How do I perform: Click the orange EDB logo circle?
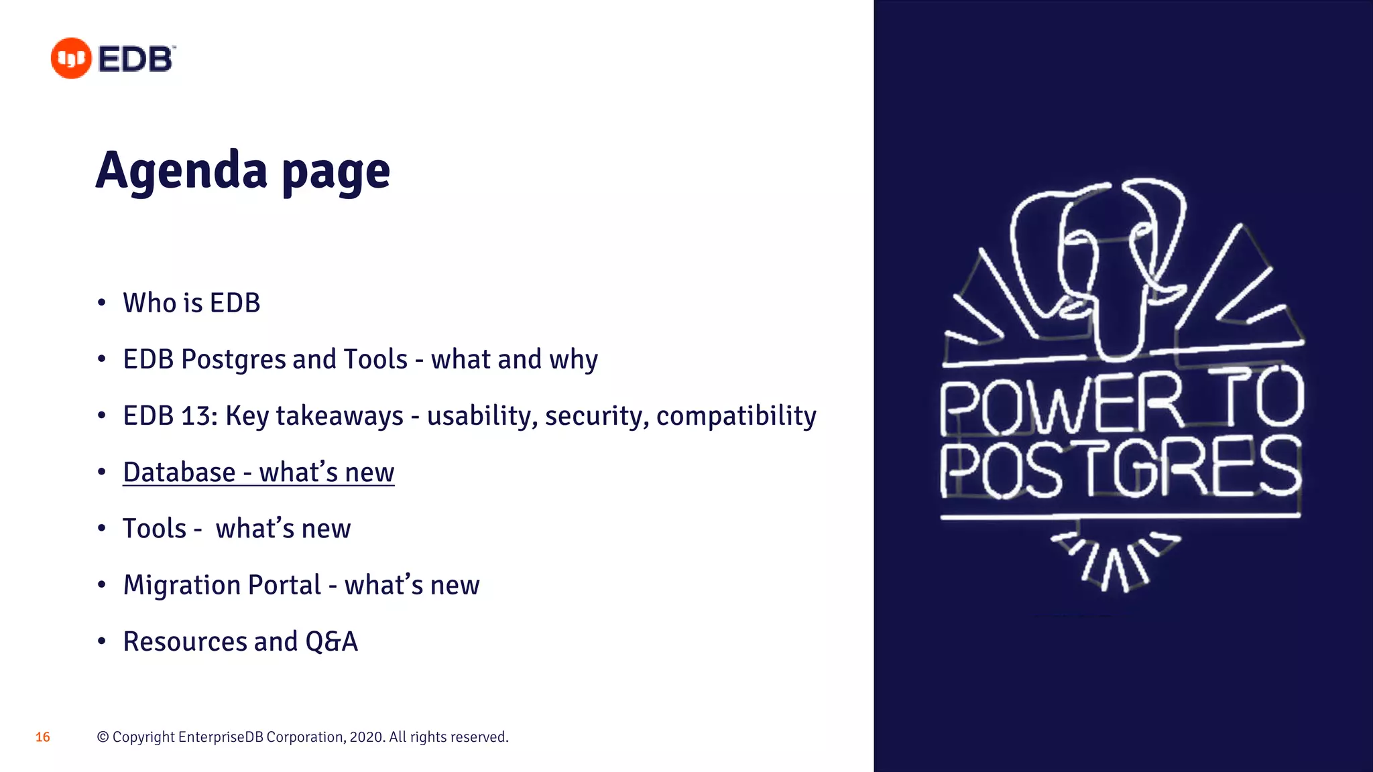[x=71, y=58]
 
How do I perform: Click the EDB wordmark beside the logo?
[x=136, y=59]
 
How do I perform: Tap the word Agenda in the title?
[x=181, y=170]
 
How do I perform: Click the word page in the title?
[x=336, y=173]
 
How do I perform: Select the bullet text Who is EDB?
[x=192, y=303]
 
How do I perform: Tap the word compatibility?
[x=736, y=416]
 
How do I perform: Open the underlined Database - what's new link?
[x=259, y=472]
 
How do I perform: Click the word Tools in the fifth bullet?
[x=154, y=529]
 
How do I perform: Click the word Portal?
[x=285, y=585]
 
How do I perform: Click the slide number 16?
[x=43, y=737]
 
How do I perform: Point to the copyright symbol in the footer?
[x=103, y=737]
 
